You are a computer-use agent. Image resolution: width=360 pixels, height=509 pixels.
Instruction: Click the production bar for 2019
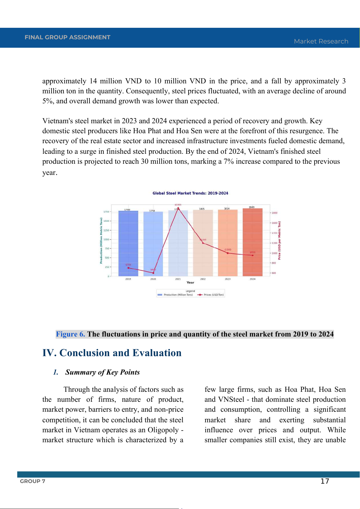tap(128, 242)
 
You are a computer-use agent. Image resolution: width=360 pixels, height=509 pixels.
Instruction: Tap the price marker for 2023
tap(228, 253)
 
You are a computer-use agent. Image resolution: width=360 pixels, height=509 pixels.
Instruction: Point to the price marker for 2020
tap(153, 273)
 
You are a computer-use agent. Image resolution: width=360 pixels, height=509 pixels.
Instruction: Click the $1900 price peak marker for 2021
tap(178, 208)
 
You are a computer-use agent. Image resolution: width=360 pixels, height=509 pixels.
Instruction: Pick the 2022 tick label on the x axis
tap(203, 279)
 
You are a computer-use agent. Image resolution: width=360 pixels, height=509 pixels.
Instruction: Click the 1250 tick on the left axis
tap(106, 230)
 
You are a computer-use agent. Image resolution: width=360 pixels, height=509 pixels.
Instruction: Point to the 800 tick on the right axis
tap(274, 263)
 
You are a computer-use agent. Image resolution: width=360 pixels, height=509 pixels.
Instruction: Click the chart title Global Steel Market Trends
tap(190, 193)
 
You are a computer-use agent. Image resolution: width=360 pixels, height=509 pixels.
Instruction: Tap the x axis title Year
tap(190, 283)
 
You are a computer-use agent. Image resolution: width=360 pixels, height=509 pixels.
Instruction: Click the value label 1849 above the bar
tap(251, 207)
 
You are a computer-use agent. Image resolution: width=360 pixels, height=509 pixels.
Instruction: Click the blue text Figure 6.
tap(70, 334)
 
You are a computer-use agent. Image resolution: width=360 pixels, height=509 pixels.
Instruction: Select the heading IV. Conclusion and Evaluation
tap(112, 353)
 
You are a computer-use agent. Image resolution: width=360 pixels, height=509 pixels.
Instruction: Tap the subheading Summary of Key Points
tap(102, 372)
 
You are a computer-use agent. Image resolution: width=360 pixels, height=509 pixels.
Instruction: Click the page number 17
tap(325, 481)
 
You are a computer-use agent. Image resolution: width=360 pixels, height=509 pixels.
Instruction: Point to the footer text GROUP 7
tap(33, 481)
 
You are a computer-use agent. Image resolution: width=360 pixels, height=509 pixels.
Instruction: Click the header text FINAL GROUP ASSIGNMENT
tap(67, 37)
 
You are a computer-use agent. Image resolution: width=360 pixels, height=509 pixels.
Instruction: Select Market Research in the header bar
tap(321, 41)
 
